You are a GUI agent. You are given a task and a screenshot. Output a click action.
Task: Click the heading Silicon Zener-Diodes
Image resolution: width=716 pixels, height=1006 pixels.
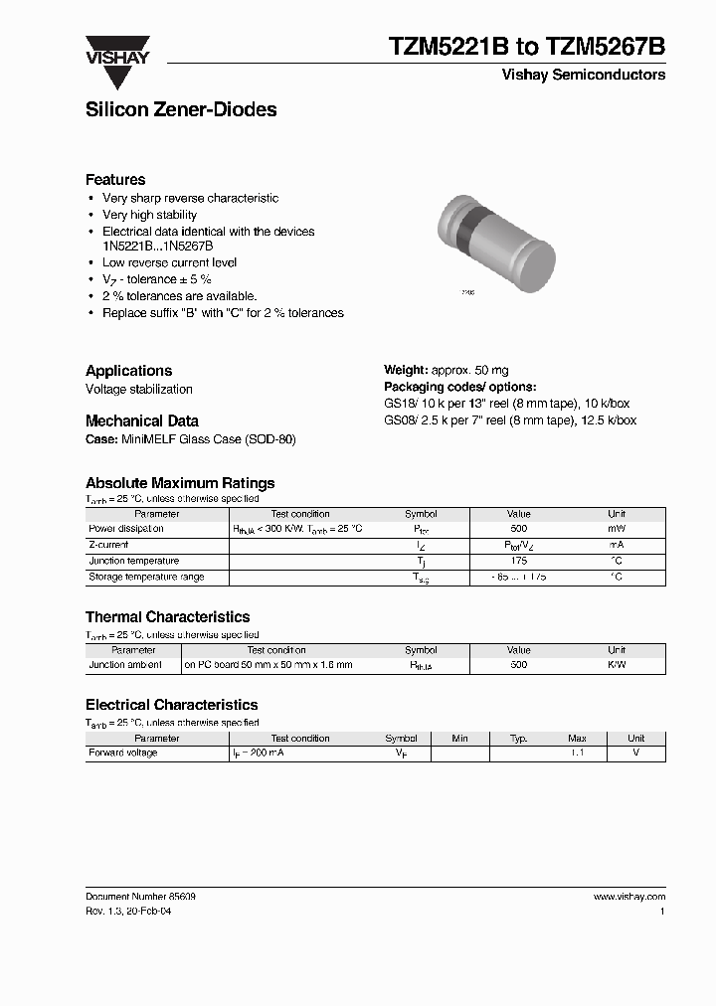(181, 110)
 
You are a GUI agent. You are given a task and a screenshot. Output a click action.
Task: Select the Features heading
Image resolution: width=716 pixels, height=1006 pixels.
(115, 180)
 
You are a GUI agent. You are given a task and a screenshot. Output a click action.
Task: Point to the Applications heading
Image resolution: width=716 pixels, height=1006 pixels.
(128, 371)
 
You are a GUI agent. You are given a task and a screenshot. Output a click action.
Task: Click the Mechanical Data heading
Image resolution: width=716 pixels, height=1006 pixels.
(141, 420)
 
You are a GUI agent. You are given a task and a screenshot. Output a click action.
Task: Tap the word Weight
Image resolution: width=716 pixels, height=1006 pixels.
(406, 371)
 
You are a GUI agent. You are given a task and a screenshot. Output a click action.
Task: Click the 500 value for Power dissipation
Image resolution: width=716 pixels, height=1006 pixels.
(518, 529)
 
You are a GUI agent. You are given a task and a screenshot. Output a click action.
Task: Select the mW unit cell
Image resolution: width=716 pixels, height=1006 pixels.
(617, 529)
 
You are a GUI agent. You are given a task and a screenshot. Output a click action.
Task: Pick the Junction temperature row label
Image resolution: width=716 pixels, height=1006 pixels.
(134, 561)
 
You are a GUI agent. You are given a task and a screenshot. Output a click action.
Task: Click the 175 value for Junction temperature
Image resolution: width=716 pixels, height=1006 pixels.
(518, 561)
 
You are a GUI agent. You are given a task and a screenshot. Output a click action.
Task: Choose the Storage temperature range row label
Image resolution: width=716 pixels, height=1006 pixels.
(146, 577)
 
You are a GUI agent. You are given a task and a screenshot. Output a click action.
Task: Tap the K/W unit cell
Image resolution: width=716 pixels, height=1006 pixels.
(617, 665)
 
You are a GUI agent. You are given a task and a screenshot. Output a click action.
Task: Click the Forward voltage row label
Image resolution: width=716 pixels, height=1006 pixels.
(123, 754)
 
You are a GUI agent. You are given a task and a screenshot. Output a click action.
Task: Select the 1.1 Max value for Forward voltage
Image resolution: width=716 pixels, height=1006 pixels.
(577, 754)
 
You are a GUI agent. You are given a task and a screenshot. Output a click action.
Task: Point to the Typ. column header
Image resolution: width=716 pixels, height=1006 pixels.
(518, 739)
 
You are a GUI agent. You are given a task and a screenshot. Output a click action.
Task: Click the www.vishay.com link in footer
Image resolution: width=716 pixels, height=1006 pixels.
(629, 897)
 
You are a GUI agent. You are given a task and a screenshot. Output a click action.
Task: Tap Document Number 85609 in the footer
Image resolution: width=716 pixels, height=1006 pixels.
(140, 897)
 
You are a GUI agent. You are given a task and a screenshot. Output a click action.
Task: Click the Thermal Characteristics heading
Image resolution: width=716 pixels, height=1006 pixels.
(167, 617)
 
